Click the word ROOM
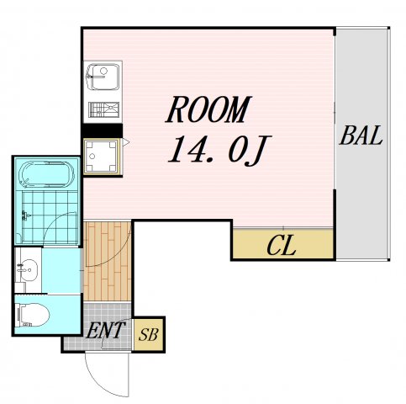click(x=208, y=109)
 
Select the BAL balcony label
click(x=361, y=136)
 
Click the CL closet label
click(x=282, y=245)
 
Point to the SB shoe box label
click(x=149, y=334)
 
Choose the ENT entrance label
click(x=105, y=330)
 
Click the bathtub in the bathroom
click(x=47, y=174)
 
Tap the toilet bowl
click(x=33, y=315)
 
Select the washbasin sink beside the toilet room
click(x=28, y=269)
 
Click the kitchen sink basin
click(x=103, y=77)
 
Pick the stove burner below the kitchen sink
click(x=103, y=109)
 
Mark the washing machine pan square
click(x=101, y=157)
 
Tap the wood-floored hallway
click(x=108, y=261)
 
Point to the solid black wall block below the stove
click(x=102, y=130)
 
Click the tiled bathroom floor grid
click(x=50, y=216)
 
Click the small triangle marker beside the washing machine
click(x=125, y=142)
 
